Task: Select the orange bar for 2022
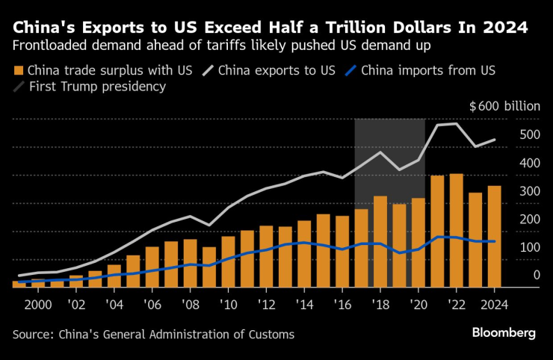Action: click(456, 231)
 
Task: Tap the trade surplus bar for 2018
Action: click(380, 242)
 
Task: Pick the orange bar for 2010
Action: click(228, 261)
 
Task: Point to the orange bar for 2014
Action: click(304, 254)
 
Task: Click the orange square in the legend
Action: click(19, 72)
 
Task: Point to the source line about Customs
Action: click(153, 334)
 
